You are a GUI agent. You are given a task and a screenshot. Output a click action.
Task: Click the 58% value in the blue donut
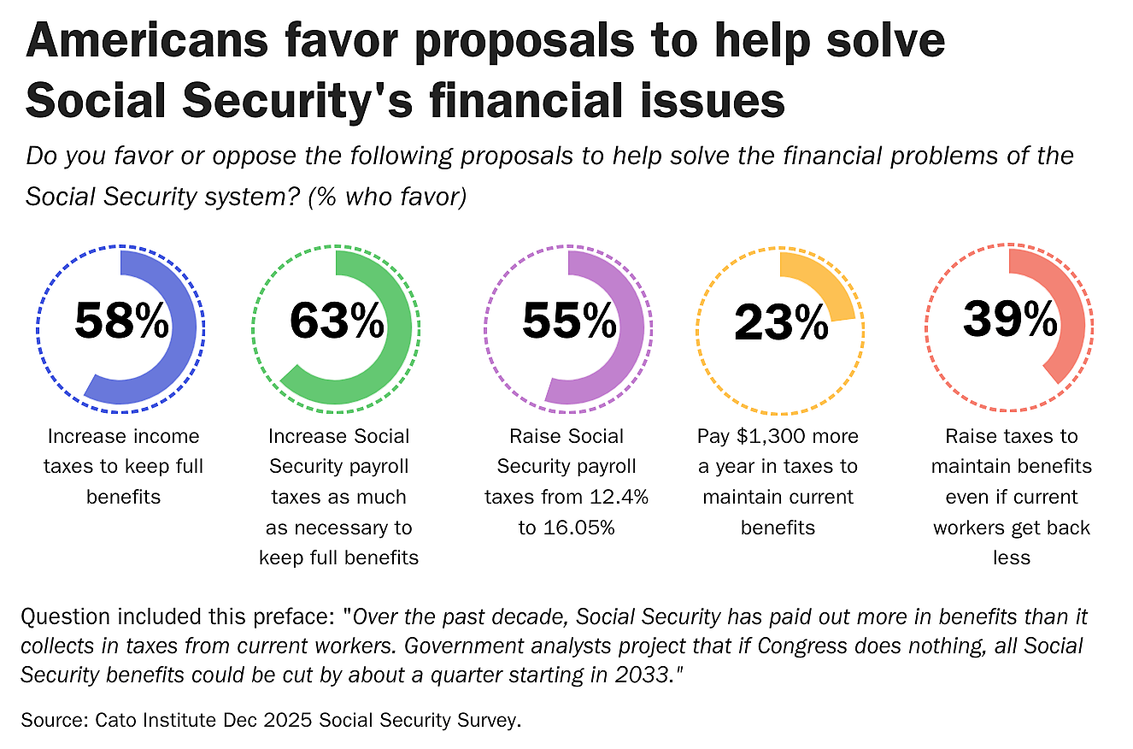[122, 321]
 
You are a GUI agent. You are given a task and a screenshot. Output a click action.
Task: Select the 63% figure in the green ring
[338, 321]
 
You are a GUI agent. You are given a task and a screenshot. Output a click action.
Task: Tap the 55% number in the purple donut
[569, 321]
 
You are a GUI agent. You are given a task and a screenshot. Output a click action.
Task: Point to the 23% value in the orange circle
[781, 323]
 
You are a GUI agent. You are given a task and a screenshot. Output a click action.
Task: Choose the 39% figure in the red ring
[1010, 320]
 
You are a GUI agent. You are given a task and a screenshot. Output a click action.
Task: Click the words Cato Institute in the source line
[149, 720]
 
